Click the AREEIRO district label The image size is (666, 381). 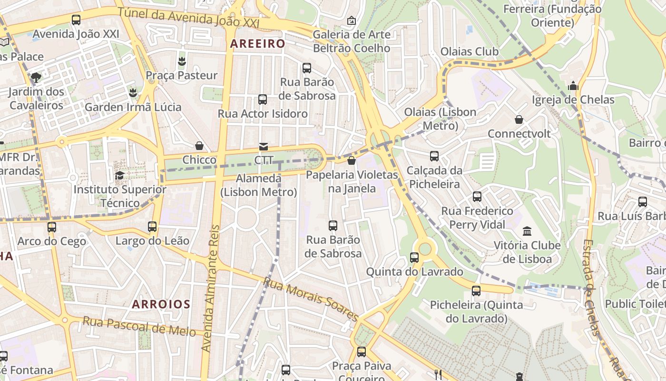coord(257,44)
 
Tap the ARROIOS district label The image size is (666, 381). coord(161,304)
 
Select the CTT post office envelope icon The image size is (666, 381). coord(263,146)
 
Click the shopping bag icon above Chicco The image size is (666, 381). coord(199,146)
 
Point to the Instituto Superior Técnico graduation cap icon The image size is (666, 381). coord(119,176)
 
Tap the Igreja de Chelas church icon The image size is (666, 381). coord(573,86)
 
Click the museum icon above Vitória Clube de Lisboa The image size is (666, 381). coord(527,231)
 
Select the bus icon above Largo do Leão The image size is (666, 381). coord(152,227)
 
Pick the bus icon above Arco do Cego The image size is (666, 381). coord(52,227)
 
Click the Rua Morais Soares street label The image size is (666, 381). coord(311,299)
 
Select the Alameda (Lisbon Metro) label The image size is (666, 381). coord(259,185)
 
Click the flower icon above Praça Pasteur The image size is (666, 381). coord(181,61)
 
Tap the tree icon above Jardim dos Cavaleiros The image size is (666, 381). coord(36,77)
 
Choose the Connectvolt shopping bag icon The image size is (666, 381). coord(519,120)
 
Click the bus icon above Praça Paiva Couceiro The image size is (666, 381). coord(362,352)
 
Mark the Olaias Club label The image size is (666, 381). coord(470,51)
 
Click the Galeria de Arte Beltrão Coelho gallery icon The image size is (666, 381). coord(352,20)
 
